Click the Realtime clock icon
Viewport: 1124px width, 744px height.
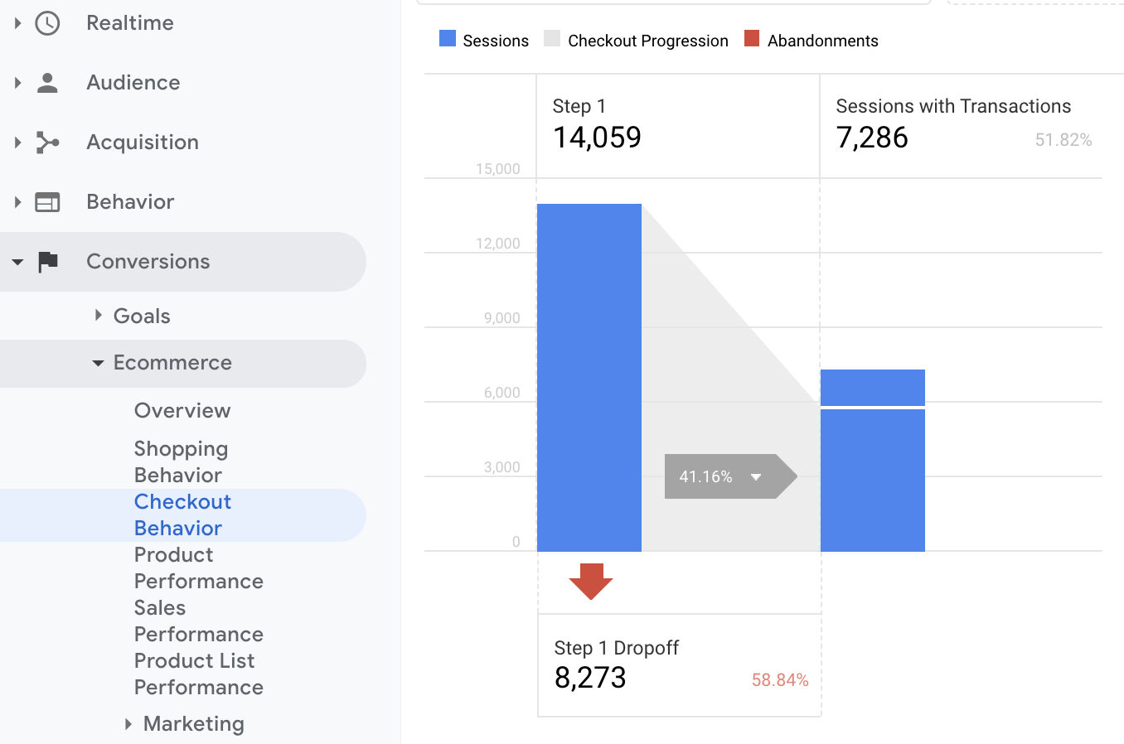47,23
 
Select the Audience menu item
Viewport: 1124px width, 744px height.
133,83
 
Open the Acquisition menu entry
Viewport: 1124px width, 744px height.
142,143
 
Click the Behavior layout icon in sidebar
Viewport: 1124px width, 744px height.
47,202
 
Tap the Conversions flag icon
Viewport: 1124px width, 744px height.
48,262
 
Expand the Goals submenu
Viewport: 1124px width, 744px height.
141,316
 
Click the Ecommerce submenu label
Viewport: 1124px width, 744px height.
172,363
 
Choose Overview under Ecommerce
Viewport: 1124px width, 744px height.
182,411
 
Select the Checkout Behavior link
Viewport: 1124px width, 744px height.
182,515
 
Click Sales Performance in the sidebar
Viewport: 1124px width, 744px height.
198,621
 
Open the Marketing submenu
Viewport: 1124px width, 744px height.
193,724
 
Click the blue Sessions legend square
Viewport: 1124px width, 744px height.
448,39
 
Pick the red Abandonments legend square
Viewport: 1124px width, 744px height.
752,39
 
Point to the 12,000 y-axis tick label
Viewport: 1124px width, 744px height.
497,244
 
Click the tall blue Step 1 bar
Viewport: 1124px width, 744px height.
589,377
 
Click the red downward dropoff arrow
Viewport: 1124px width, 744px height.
591,581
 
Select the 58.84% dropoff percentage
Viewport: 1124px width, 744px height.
779,680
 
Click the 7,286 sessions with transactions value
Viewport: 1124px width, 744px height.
872,138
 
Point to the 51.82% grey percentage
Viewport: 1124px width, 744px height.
1063,140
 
